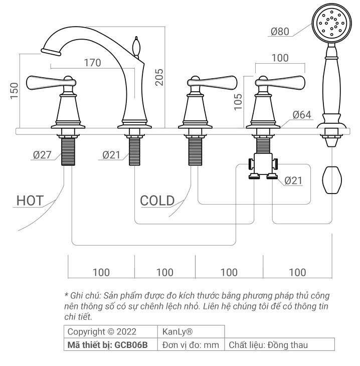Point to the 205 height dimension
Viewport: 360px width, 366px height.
(159, 76)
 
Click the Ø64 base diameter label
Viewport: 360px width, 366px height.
(302, 115)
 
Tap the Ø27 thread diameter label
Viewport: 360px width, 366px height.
(43, 155)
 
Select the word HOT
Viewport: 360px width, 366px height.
(30, 201)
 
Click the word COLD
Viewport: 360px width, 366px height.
(157, 201)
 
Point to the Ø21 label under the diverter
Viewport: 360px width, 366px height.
(293, 180)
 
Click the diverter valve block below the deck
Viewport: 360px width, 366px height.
(263, 165)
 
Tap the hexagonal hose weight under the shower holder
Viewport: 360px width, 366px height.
(331, 179)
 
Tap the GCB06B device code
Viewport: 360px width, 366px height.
(131, 345)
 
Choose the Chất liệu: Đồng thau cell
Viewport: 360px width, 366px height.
(268, 345)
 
